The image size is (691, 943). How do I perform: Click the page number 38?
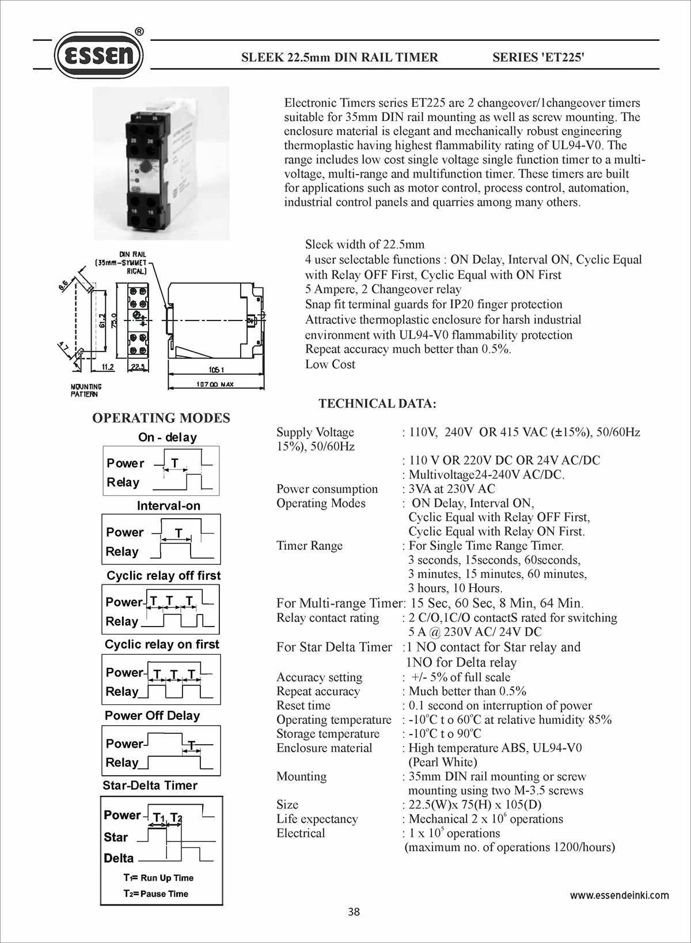pyautogui.click(x=354, y=911)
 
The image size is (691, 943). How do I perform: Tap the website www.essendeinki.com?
pyautogui.click(x=619, y=895)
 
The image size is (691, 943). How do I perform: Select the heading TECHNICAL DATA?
pyautogui.click(x=377, y=403)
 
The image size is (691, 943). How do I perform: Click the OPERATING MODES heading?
pyautogui.click(x=161, y=418)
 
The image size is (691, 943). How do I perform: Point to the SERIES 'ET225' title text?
pyautogui.click(x=538, y=57)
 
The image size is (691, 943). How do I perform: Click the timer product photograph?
pyautogui.click(x=161, y=163)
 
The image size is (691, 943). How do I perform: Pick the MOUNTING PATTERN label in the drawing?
pyautogui.click(x=86, y=390)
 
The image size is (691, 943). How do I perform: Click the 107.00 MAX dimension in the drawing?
pyautogui.click(x=215, y=384)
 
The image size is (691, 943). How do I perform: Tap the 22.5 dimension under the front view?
pyautogui.click(x=138, y=367)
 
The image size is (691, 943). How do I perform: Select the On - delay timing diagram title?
pyautogui.click(x=167, y=437)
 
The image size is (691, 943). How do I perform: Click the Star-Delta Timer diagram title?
pyautogui.click(x=150, y=785)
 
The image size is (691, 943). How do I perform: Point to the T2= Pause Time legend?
pyautogui.click(x=155, y=893)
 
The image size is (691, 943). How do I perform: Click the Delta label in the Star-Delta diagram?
pyautogui.click(x=119, y=858)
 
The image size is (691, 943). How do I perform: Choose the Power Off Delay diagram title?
pyautogui.click(x=152, y=715)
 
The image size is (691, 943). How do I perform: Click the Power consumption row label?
pyautogui.click(x=327, y=489)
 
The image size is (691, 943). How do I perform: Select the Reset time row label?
pyautogui.click(x=303, y=706)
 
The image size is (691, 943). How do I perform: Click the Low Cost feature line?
pyautogui.click(x=330, y=364)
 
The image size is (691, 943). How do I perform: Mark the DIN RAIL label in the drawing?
pyautogui.click(x=132, y=254)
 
